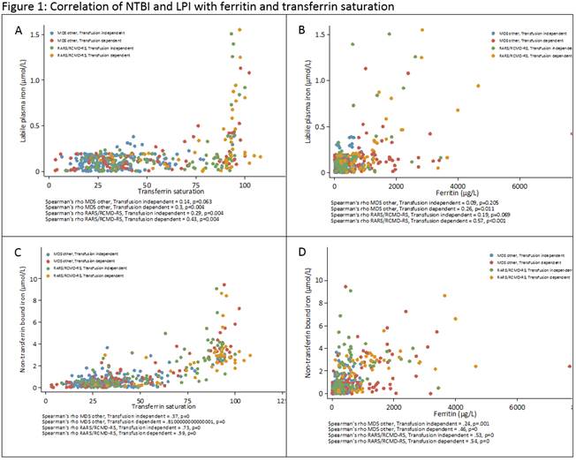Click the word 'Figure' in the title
(22, 7)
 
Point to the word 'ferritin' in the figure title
(250, 7)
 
